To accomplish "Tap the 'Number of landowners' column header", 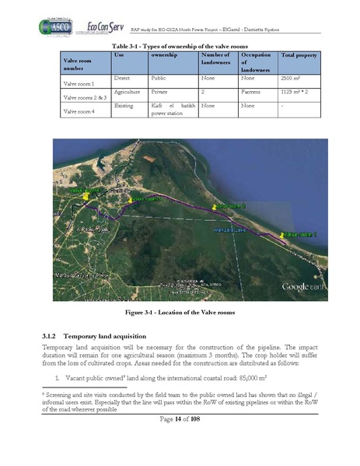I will point(215,61).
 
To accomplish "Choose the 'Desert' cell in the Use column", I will point(123,79).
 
